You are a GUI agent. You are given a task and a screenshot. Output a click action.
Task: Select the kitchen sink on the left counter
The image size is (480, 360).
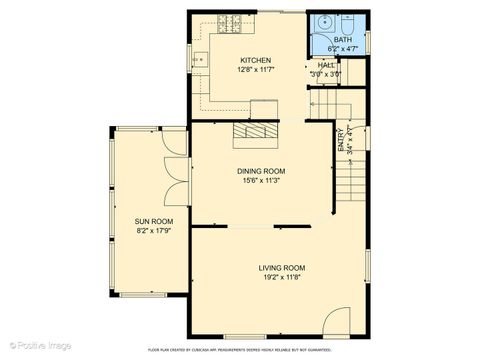pos(199,60)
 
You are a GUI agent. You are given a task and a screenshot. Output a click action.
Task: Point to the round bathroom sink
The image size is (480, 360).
pos(325,25)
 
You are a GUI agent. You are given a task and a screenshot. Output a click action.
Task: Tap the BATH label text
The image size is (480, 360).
pos(342,40)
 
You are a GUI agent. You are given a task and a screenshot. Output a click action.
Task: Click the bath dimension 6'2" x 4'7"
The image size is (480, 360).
pos(342,48)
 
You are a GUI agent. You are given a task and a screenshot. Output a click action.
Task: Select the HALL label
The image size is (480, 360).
pos(325,64)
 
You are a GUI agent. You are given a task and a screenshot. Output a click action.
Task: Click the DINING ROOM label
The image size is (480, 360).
pos(261,172)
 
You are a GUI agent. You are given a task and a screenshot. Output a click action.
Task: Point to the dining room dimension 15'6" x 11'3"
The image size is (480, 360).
pos(261,181)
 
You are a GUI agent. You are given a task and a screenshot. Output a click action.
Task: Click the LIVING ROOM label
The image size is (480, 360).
pos(281,268)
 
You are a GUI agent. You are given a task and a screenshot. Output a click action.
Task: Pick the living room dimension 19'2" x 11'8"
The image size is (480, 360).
pos(281,277)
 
